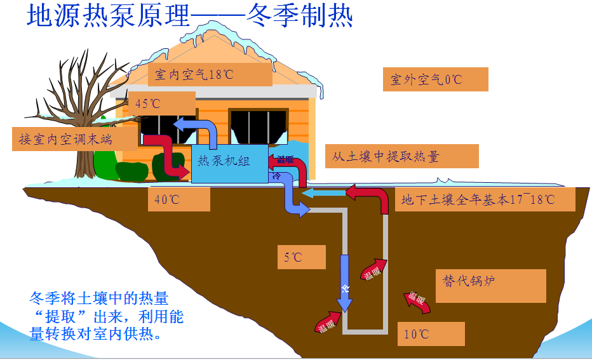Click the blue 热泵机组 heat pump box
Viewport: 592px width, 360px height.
230,164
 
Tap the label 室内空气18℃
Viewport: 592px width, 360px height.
210,75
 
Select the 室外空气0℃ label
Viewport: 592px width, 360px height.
435,79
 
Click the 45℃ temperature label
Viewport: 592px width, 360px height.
162,103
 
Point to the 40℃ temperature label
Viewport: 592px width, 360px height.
178,199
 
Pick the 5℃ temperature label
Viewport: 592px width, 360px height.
301,257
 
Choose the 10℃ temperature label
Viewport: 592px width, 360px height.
431,333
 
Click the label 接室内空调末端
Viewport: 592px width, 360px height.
74,139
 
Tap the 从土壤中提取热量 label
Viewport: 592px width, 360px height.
401,156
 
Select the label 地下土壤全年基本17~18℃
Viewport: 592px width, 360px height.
485,199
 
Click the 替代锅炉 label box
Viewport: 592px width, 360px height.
491,286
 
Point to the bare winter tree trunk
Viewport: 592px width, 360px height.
84,159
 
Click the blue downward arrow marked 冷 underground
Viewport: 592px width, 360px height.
344,283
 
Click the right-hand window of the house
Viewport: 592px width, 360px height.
259,127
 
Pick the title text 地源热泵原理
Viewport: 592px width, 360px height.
108,16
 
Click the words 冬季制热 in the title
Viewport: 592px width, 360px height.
300,16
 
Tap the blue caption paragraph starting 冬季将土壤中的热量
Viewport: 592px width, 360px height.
107,316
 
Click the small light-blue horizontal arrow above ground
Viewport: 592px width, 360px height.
325,193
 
